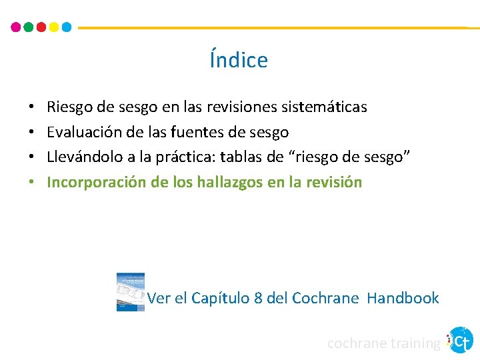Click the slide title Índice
[x=239, y=60]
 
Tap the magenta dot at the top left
[x=16, y=27]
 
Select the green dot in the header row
[x=29, y=27]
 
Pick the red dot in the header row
[x=41, y=27]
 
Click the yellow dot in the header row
[x=54, y=27]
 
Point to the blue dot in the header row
[x=66, y=27]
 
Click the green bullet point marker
[x=31, y=183]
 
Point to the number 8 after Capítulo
[x=259, y=298]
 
